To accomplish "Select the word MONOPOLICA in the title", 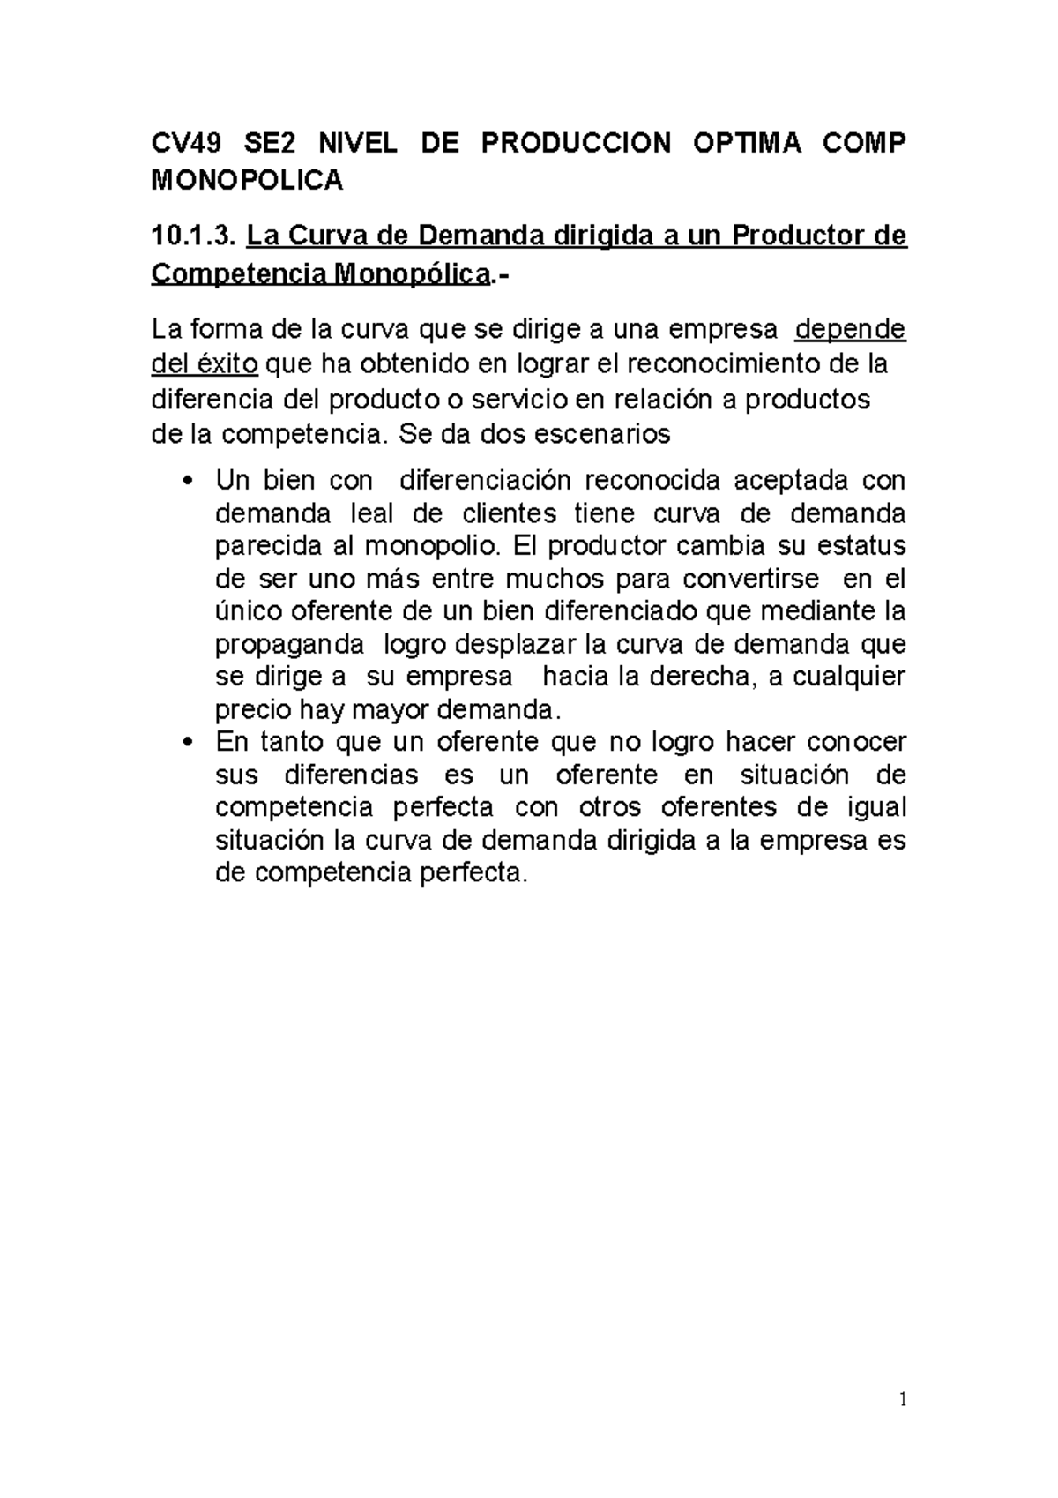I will click(x=247, y=181).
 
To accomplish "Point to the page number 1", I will click(x=902, y=1400).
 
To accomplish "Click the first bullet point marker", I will click(x=185, y=482).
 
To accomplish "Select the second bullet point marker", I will click(x=185, y=743).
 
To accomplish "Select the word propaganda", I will click(x=289, y=644).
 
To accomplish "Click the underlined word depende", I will click(x=850, y=329).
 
